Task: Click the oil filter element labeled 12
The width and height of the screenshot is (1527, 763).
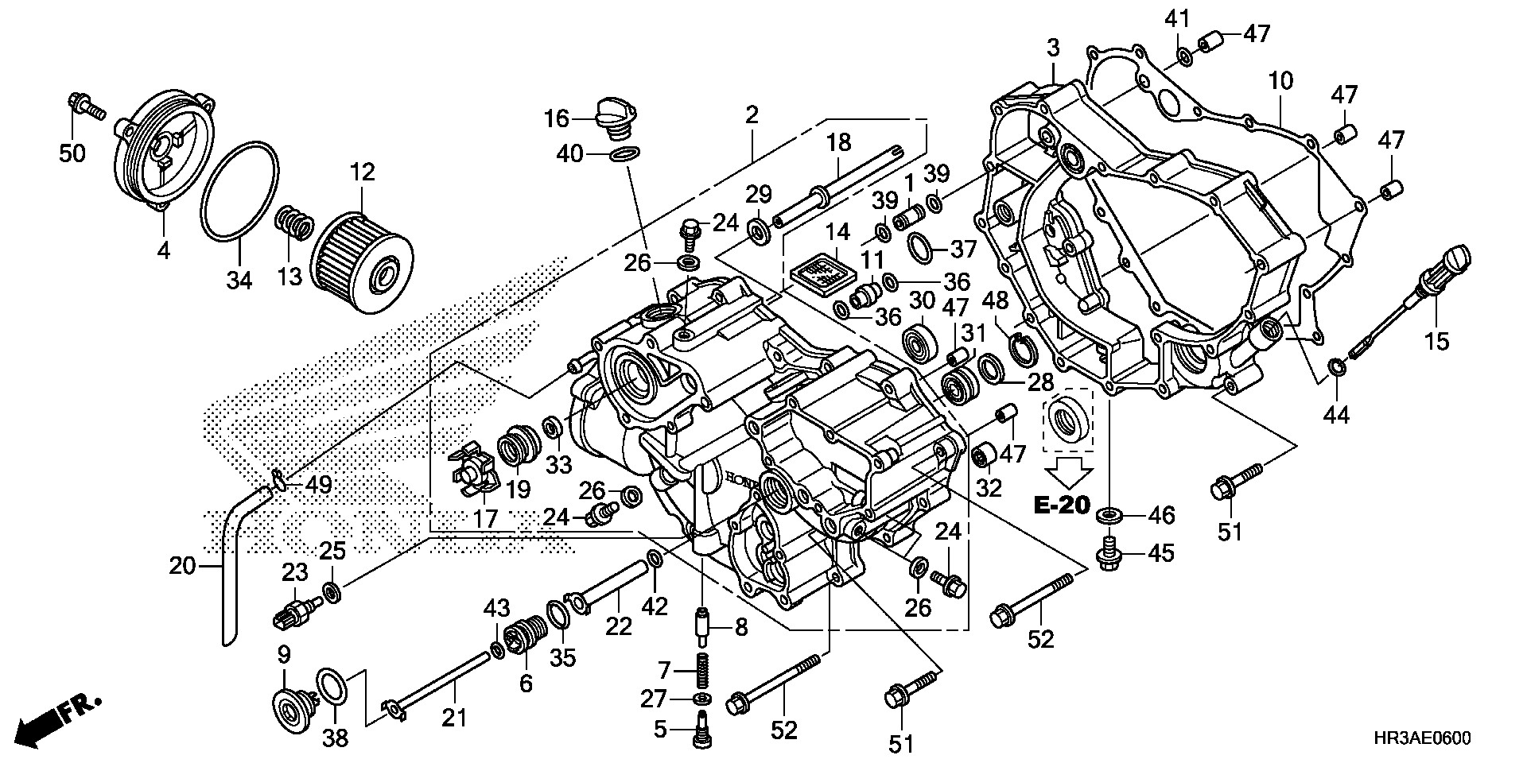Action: click(x=362, y=251)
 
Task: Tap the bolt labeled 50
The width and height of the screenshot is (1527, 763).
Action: click(x=84, y=106)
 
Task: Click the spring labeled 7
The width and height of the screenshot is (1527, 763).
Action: click(x=701, y=670)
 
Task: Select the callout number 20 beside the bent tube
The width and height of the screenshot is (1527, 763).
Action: click(x=182, y=566)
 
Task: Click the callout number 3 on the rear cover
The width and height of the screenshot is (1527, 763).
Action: click(x=1053, y=48)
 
